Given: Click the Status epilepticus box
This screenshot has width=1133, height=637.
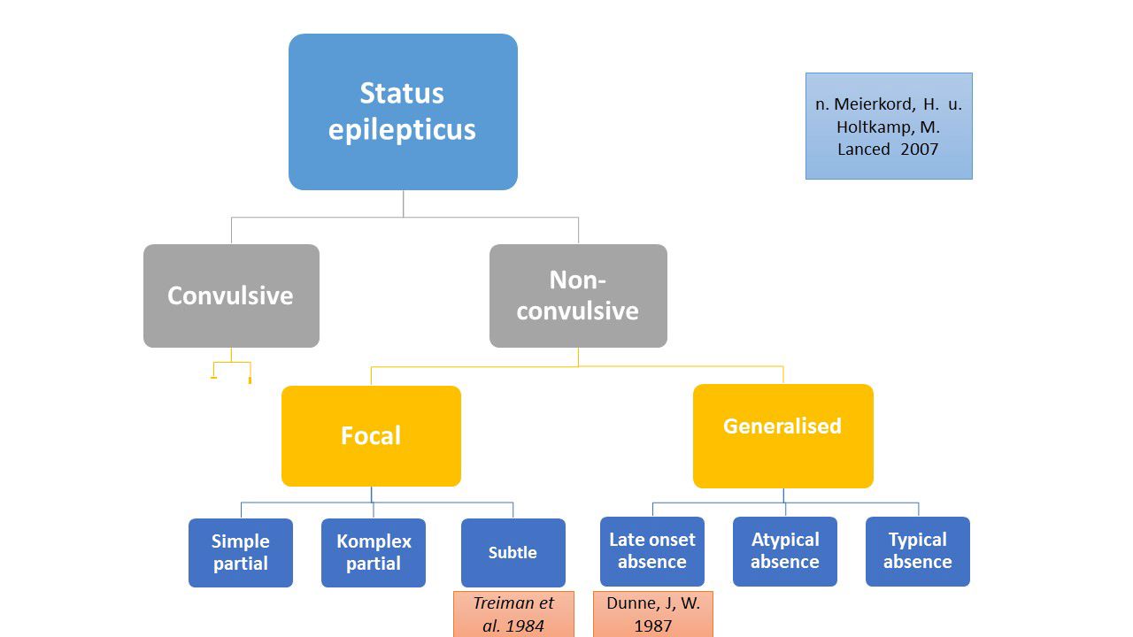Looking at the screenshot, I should click(403, 111).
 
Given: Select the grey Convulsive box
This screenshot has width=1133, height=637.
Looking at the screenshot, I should click(231, 295).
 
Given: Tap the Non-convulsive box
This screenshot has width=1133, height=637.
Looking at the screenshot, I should click(578, 295).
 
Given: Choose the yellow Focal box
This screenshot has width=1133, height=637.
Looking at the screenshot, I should click(371, 435).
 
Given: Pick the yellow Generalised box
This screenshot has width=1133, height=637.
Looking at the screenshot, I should click(782, 435).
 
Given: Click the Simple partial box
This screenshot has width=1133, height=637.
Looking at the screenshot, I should click(241, 552).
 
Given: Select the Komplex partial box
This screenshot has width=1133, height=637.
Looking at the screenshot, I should click(374, 552).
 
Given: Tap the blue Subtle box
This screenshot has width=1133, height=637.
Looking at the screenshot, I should click(513, 552).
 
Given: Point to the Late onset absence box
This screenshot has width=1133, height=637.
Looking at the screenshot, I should click(652, 550).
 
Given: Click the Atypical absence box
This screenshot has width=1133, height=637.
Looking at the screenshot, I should click(785, 550).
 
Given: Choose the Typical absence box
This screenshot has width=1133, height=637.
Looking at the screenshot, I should click(918, 550).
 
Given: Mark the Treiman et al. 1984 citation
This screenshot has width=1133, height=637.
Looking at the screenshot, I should click(513, 614).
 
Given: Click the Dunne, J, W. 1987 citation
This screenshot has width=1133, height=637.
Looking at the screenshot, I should click(653, 614).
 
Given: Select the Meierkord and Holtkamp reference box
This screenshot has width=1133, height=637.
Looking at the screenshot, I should click(889, 126).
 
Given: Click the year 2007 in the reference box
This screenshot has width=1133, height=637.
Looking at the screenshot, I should click(919, 149).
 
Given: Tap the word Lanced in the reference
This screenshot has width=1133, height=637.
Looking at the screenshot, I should click(864, 149).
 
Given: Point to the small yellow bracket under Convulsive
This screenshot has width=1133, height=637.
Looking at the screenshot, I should click(232, 370).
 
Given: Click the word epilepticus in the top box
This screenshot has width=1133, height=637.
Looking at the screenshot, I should click(403, 129).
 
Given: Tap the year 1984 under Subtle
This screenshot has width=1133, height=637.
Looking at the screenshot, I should click(525, 625).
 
